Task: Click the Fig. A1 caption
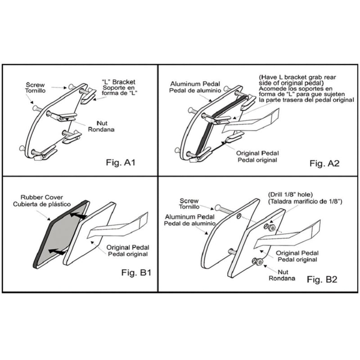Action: pos(121,162)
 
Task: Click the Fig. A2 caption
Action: pos(324,163)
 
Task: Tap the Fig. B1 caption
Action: pos(136,273)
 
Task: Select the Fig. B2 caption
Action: pos(322,279)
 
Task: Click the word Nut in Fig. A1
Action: pos(102,123)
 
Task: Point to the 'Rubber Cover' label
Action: pos(42,197)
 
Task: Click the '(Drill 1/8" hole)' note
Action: pos(290,195)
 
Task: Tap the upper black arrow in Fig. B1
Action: pos(77,216)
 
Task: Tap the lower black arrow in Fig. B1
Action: pos(57,252)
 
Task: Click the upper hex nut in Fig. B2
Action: pos(272,228)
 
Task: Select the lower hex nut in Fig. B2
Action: pos(260,262)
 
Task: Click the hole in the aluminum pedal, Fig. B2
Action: pos(239,216)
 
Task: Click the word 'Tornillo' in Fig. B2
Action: pos(189,207)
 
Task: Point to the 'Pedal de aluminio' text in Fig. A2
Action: pos(195,91)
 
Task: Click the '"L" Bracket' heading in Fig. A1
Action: pos(118,82)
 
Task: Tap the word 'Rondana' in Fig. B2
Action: pos(282,278)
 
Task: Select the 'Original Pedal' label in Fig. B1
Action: pos(128,247)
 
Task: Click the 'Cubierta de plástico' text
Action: pos(42,204)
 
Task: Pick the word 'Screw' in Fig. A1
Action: pos(36,85)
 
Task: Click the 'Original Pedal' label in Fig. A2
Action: pos(257,153)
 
